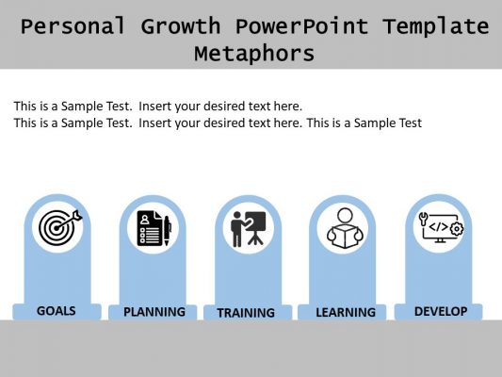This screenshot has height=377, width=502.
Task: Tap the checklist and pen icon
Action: (x=154, y=228)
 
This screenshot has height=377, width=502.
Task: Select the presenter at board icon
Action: (x=249, y=228)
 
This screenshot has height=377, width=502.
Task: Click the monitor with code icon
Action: (x=440, y=227)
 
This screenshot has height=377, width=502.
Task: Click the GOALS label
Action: (x=57, y=310)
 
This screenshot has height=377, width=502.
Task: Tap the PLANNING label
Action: (x=154, y=311)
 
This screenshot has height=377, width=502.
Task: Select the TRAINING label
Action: (x=246, y=312)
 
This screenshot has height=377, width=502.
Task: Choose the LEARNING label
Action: (x=345, y=312)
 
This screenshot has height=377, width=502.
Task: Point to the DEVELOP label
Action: (x=440, y=310)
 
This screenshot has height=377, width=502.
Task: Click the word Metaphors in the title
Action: (x=253, y=53)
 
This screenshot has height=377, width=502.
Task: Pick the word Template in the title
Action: (x=435, y=26)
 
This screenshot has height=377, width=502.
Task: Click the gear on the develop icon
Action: (x=457, y=228)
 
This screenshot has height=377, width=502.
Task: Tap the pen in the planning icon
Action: (x=167, y=229)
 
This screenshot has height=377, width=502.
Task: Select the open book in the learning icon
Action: (x=344, y=238)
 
